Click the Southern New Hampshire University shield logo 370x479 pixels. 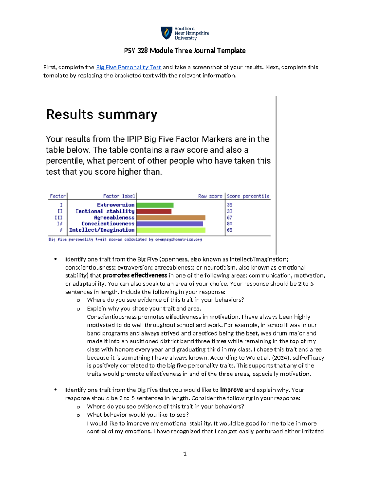(x=166, y=33)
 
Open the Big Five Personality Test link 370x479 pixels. (x=128, y=67)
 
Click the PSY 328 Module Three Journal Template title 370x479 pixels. (x=185, y=51)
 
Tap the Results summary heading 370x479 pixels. (x=101, y=114)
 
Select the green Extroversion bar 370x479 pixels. (x=155, y=205)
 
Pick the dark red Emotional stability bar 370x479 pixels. (x=154, y=211)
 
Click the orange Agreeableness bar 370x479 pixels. (x=171, y=217)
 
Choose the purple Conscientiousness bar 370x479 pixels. (x=170, y=224)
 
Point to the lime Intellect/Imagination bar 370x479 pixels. (x=171, y=230)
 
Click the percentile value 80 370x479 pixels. (x=229, y=224)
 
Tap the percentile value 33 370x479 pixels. (x=229, y=211)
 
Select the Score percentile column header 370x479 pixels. (x=248, y=196)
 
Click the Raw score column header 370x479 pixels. (x=210, y=196)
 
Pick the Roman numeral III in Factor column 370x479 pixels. (x=59, y=217)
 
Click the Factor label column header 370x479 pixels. (x=119, y=196)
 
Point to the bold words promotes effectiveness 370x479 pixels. (x=135, y=275)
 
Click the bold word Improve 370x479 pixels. (x=231, y=390)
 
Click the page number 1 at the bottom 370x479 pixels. (x=185, y=453)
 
